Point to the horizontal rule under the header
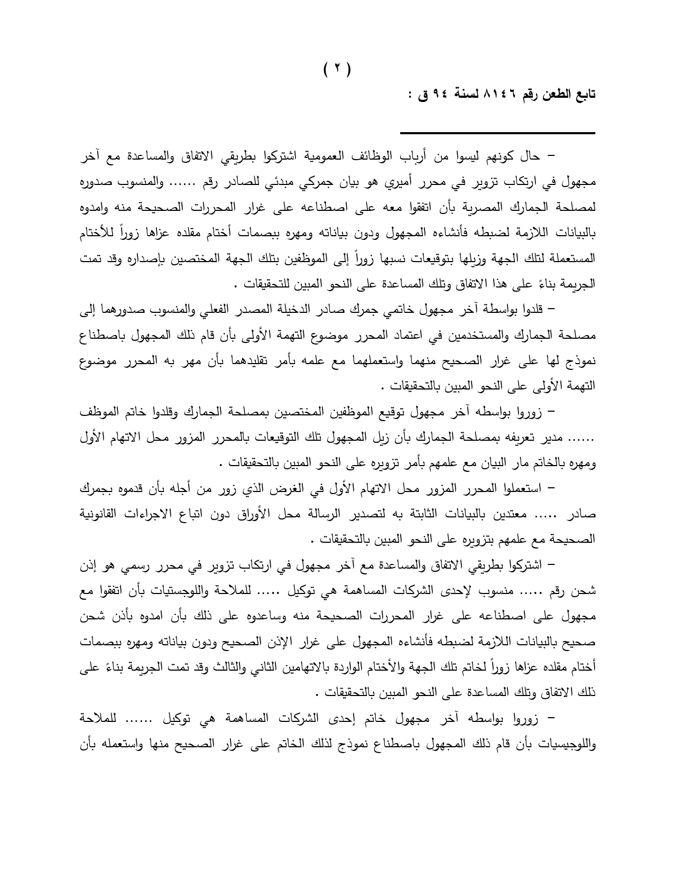(x=497, y=133)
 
